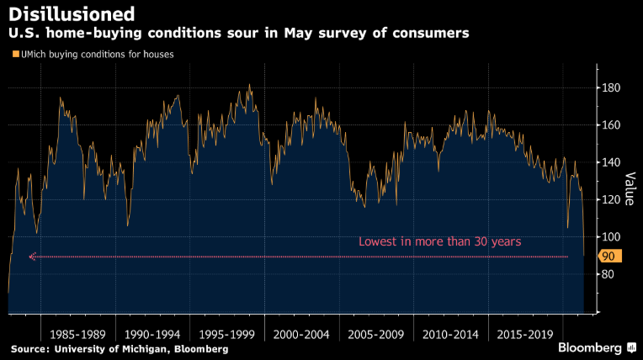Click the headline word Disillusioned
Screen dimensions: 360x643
(72, 14)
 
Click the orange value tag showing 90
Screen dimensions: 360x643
(608, 256)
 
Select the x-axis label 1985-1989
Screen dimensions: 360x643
(77, 333)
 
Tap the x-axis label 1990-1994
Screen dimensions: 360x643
(152, 333)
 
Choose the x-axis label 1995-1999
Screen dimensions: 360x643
(227, 333)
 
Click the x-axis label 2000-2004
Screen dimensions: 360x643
(302, 333)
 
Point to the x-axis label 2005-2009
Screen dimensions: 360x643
(377, 333)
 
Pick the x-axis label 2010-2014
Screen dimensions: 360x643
(451, 333)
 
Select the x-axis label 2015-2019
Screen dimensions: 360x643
(526, 333)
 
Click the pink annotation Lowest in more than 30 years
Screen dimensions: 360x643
(440, 241)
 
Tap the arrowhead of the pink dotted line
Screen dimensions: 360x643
(31, 257)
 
